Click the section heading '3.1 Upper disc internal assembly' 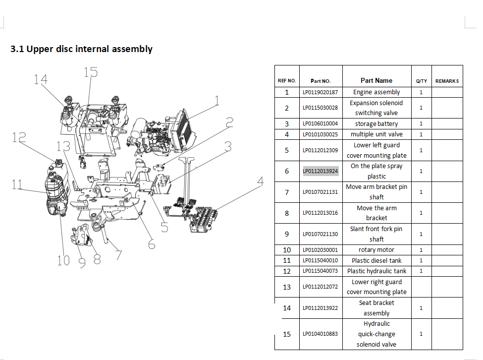82,49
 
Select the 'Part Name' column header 376,80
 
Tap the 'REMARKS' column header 447,81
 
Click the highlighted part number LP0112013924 321,171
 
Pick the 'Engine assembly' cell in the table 376,92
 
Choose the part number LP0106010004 321,124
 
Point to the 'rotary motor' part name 376,250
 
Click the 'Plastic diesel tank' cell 376,260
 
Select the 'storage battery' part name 376,124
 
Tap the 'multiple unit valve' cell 376,134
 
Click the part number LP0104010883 321,334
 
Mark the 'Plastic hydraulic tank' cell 376,271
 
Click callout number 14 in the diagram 41,79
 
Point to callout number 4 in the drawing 260,182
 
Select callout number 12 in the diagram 19,138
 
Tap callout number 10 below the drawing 63,260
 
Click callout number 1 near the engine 216,101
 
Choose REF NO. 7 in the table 287,192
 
